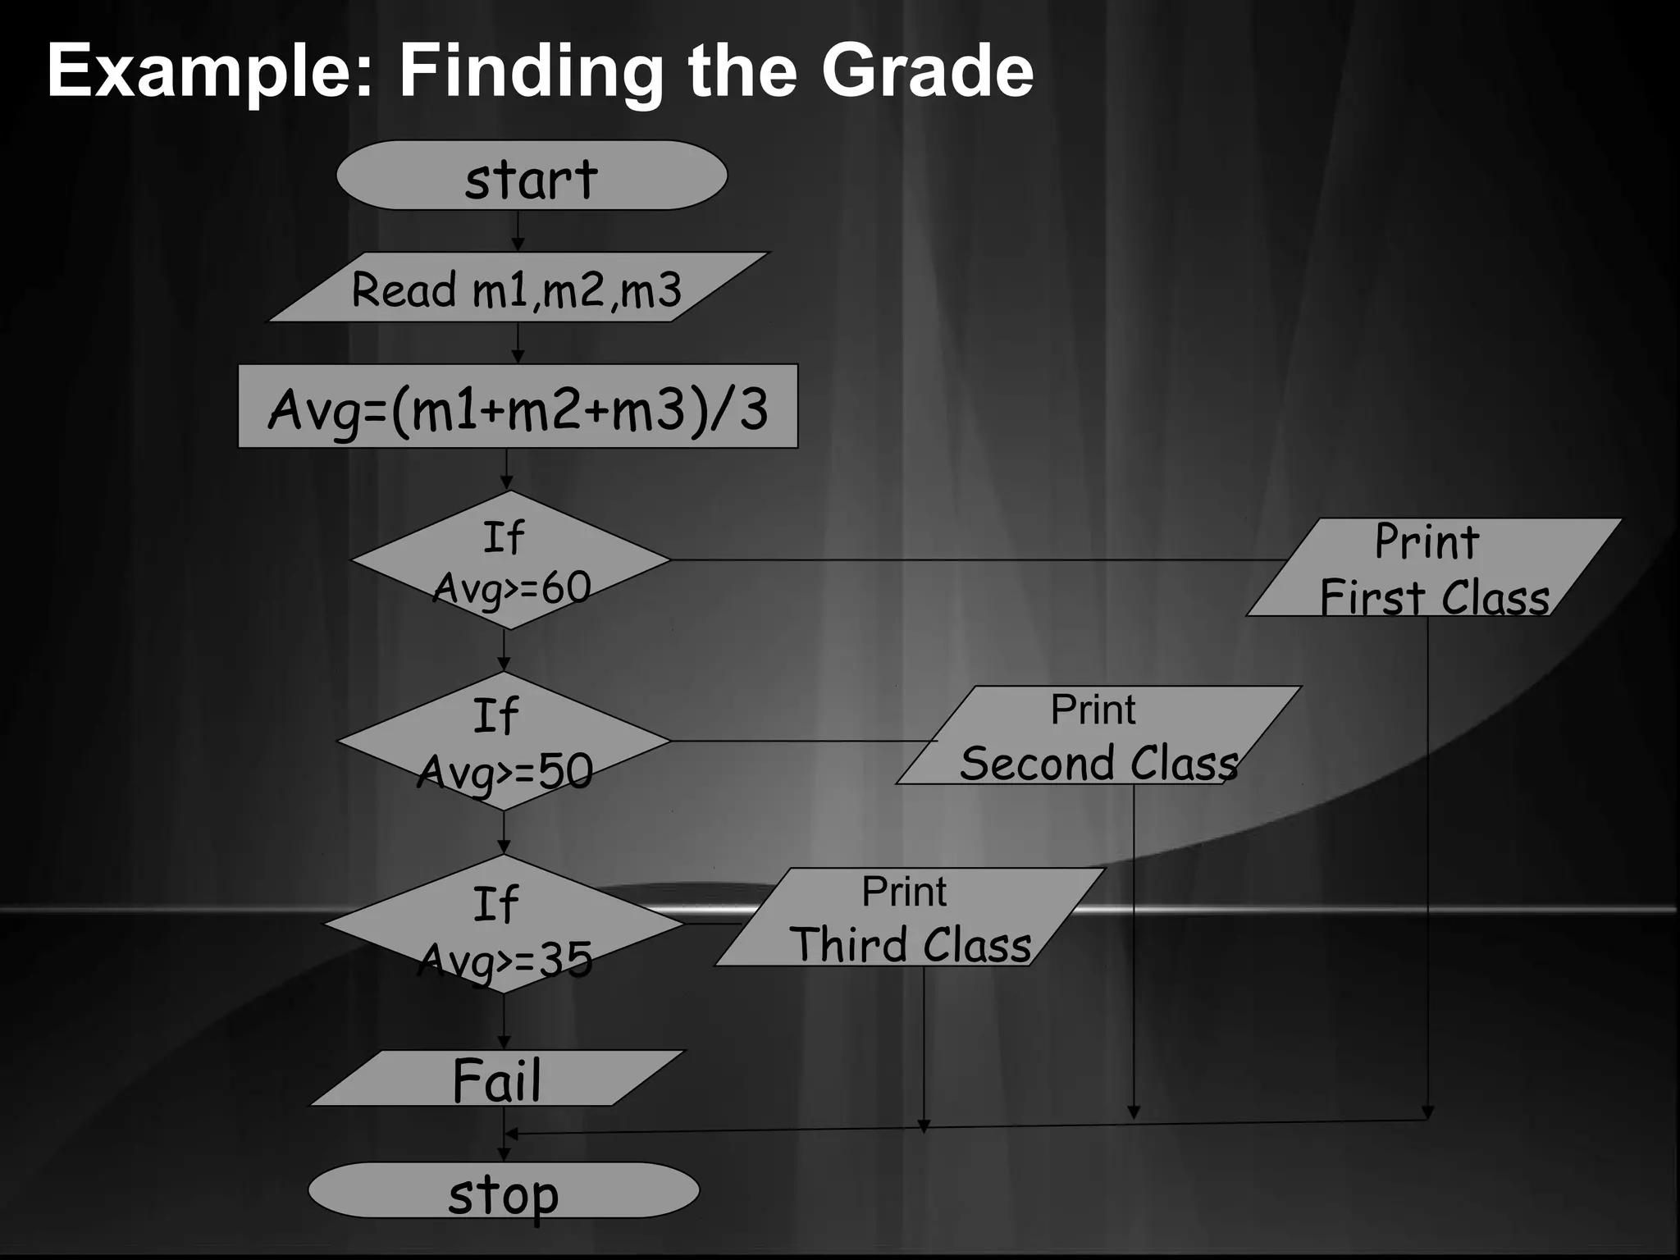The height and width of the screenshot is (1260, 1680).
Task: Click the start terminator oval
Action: tap(532, 176)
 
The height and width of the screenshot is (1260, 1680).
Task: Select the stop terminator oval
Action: tap(503, 1190)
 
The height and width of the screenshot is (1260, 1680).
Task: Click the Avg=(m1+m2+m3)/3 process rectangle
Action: tap(518, 407)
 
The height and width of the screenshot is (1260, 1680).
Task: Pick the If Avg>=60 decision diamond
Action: tap(510, 560)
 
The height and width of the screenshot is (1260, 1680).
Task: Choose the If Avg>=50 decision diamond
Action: tap(504, 742)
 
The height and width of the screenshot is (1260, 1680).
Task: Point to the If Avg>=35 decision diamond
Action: tap(504, 924)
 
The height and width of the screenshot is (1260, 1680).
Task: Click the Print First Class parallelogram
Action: tap(1434, 568)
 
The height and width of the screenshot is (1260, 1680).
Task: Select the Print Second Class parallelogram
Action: tap(1099, 736)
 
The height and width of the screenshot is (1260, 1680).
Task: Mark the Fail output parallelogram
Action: tap(496, 1079)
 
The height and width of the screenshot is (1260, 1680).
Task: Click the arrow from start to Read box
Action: tap(518, 232)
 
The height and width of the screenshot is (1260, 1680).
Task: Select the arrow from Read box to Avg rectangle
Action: tap(518, 344)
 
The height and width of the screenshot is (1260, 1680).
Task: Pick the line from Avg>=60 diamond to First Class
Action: tap(976, 560)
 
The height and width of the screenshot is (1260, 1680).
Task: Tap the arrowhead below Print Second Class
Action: tap(1134, 1112)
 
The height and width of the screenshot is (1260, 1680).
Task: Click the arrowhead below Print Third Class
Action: tap(924, 1125)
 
